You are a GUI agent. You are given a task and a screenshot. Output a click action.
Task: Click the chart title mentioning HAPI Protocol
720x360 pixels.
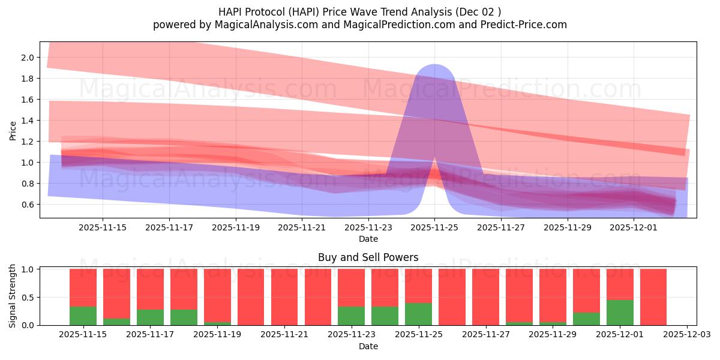point(360,11)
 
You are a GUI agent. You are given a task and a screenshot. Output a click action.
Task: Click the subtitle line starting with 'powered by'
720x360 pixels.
point(360,25)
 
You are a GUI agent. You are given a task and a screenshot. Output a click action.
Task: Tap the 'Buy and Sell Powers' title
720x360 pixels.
point(368,257)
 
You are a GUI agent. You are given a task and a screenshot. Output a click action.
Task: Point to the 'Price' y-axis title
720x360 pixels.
point(13,130)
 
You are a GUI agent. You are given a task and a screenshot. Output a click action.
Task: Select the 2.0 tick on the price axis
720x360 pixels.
point(28,58)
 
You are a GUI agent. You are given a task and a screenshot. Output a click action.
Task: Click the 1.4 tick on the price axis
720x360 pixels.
point(28,121)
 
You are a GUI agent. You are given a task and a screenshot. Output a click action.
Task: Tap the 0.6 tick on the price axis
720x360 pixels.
point(28,205)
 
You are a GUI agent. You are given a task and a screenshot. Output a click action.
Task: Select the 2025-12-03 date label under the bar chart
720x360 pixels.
point(686,335)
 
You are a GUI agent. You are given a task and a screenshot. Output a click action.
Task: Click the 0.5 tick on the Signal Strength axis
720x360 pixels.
point(28,298)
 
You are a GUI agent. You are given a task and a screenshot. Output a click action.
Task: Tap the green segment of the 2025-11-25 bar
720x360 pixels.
point(418,314)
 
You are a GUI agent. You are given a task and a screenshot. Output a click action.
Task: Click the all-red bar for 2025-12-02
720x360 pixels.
point(653,297)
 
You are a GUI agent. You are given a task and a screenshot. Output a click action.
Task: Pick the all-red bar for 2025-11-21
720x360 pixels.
point(284,297)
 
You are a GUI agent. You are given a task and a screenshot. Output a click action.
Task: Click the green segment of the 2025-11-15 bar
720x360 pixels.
point(83,316)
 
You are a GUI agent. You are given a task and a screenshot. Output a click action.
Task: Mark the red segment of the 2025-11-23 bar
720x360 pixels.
point(351,287)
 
